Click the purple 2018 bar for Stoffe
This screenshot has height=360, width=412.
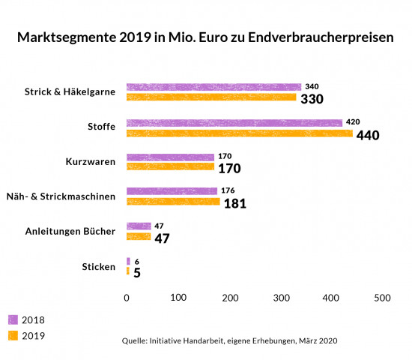(234, 122)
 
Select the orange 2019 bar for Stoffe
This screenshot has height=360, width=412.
(239, 133)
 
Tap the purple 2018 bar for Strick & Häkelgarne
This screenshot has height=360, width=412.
(213, 87)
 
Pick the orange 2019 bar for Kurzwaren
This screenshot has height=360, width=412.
(170, 166)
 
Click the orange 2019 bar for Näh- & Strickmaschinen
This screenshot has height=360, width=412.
(173, 202)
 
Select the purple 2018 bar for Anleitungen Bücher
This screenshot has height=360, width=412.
(139, 226)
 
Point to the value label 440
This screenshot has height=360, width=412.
(369, 136)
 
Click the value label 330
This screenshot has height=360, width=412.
(312, 99)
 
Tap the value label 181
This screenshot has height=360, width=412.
(235, 203)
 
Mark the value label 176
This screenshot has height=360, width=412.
(228, 191)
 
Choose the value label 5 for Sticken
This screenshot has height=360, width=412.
(137, 273)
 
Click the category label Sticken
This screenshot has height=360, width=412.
(98, 266)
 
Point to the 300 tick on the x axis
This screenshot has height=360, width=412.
(280, 298)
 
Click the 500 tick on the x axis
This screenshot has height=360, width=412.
(382, 298)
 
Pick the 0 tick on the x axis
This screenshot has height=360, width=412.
(127, 298)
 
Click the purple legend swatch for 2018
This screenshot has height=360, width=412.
(13, 319)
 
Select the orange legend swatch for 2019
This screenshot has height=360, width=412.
(13, 335)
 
